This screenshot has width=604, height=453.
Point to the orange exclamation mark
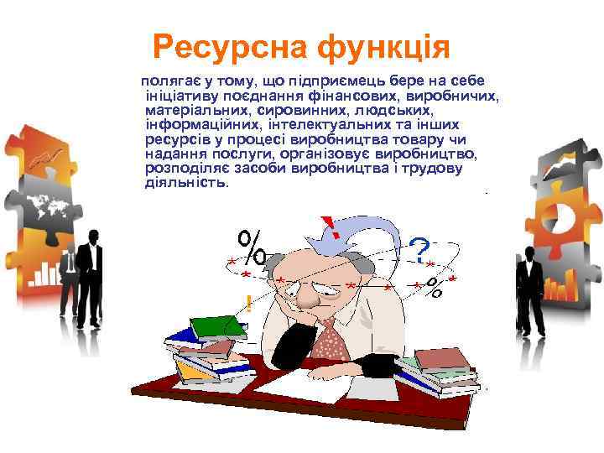(248, 304)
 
